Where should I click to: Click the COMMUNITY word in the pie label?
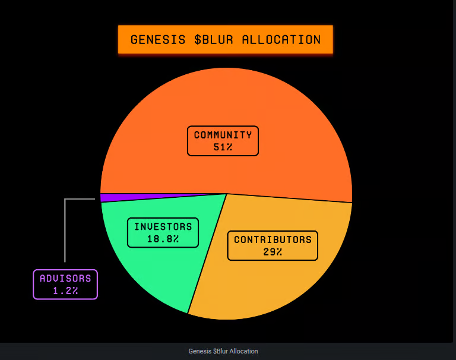click(x=223, y=135)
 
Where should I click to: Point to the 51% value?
click(x=223, y=147)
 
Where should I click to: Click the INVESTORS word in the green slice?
click(x=163, y=227)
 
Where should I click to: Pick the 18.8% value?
click(x=163, y=239)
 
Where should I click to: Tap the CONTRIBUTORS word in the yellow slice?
click(x=273, y=240)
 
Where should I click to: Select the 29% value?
click(x=273, y=252)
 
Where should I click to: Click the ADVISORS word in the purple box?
click(x=65, y=278)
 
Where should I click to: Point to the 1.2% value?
click(x=65, y=290)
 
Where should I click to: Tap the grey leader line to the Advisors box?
click(x=65, y=232)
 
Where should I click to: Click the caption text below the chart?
click(x=223, y=351)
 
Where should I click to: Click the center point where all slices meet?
click(x=226, y=194)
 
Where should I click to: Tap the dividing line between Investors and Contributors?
click(x=207, y=253)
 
